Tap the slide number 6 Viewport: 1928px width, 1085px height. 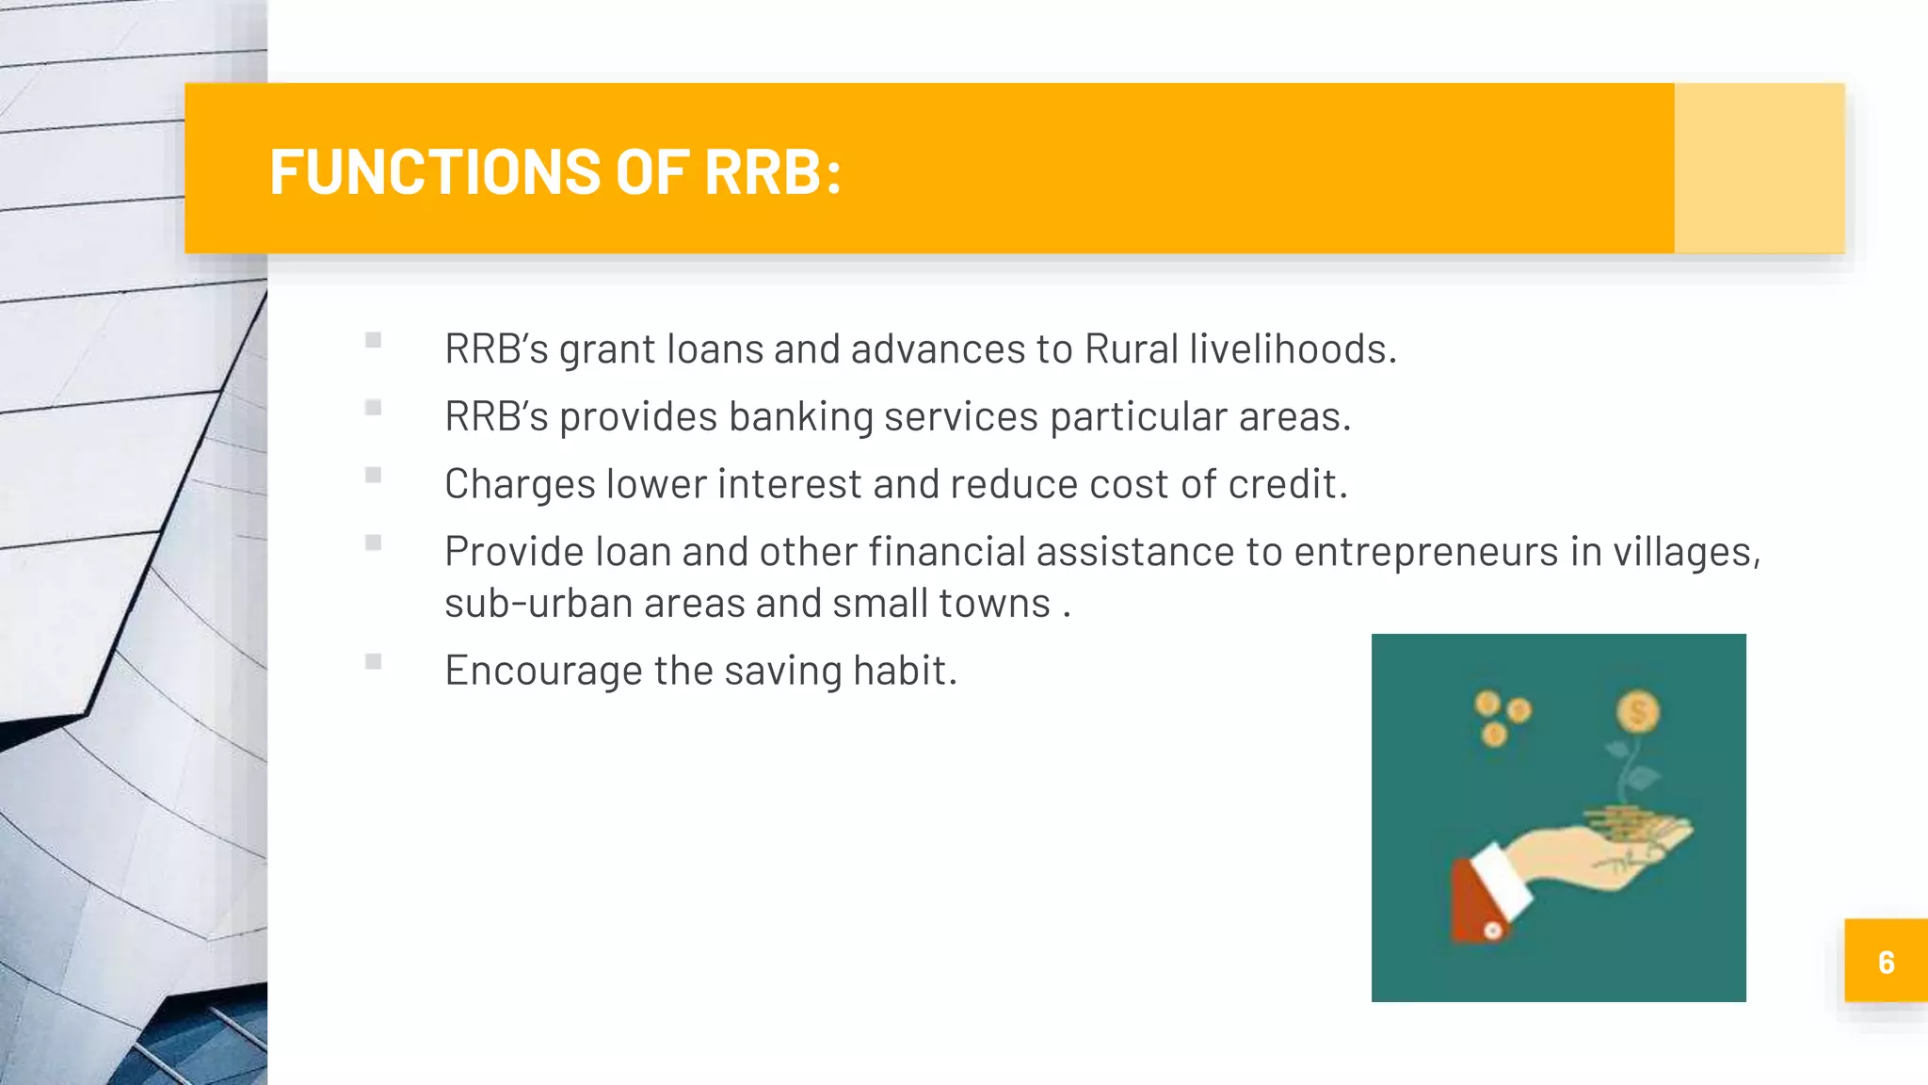click(x=1886, y=962)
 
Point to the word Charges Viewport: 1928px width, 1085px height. click(x=520, y=484)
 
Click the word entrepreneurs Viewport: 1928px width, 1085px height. click(x=1425, y=552)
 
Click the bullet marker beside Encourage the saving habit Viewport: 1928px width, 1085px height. click(x=374, y=661)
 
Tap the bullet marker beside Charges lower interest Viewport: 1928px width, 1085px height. click(x=374, y=475)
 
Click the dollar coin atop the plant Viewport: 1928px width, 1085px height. click(x=1638, y=711)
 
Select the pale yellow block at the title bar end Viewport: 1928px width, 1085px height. click(x=1759, y=168)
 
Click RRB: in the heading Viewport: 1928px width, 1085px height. click(x=772, y=172)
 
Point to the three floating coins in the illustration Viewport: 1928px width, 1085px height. click(x=1501, y=718)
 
